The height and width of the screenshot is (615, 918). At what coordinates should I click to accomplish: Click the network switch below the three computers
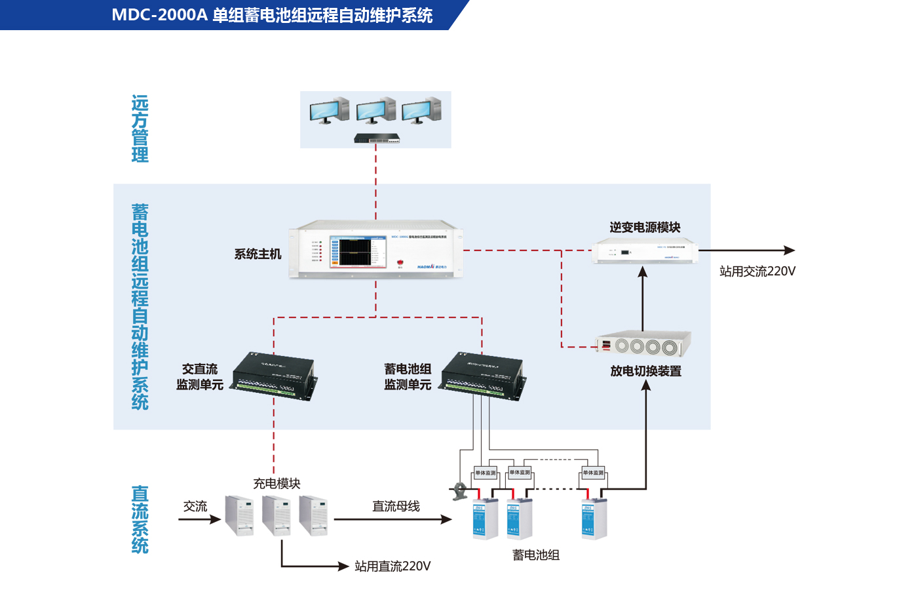(377, 138)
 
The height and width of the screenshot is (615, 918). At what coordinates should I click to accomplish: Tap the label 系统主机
(258, 254)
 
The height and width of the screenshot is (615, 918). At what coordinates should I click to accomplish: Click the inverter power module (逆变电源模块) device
(644, 251)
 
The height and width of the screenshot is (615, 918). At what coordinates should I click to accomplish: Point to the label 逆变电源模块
(645, 228)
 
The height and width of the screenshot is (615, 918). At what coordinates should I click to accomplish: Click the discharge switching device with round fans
(643, 344)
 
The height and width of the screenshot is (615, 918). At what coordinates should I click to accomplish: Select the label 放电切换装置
(645, 371)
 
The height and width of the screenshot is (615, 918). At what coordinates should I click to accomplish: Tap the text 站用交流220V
(757, 271)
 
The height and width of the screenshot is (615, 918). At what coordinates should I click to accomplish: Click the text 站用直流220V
(392, 566)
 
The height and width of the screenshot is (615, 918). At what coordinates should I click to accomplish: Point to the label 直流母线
(396, 506)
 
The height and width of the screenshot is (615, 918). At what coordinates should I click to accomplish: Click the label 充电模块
(277, 484)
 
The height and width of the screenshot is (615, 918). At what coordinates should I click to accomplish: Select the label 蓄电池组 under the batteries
(535, 555)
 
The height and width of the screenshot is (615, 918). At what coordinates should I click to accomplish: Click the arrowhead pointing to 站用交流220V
(790, 250)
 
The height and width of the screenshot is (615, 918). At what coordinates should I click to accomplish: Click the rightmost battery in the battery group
(594, 519)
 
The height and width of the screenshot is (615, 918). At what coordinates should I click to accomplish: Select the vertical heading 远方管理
(140, 129)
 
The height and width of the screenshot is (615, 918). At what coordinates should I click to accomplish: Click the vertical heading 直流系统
(140, 519)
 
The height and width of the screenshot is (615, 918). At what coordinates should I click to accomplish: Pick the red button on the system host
(400, 262)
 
